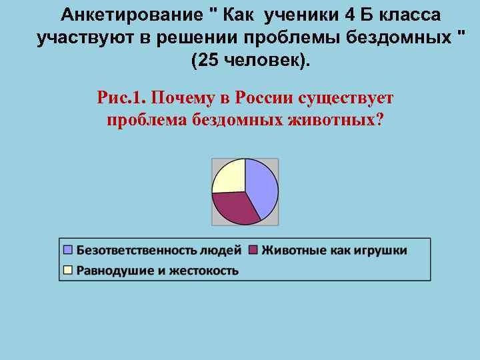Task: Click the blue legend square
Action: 67,250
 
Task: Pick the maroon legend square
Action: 253,250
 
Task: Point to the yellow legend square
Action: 67,270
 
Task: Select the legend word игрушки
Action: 378,250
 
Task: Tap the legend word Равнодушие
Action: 113,270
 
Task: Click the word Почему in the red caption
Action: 180,99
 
